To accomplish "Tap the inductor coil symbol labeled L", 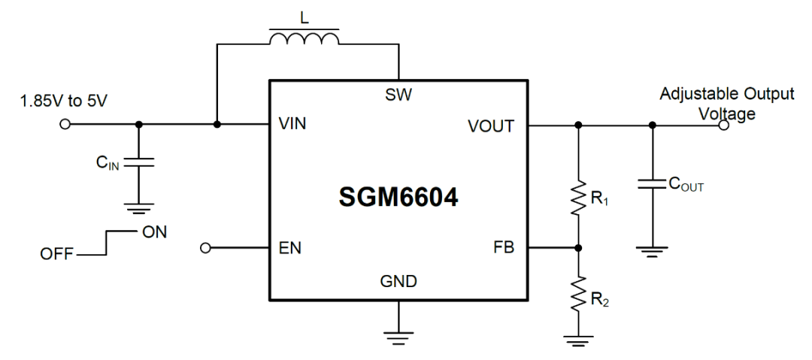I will click(304, 40).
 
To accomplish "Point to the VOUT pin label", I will click(491, 126).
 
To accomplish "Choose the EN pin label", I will click(291, 247).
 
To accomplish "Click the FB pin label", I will click(504, 247).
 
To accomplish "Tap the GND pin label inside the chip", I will click(398, 282).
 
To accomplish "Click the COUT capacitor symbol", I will click(652, 183).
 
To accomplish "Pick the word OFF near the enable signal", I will click(57, 255).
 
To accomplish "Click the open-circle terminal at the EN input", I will click(207, 247).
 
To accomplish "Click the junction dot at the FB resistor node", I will click(577, 247).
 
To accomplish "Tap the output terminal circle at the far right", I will click(723, 126).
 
